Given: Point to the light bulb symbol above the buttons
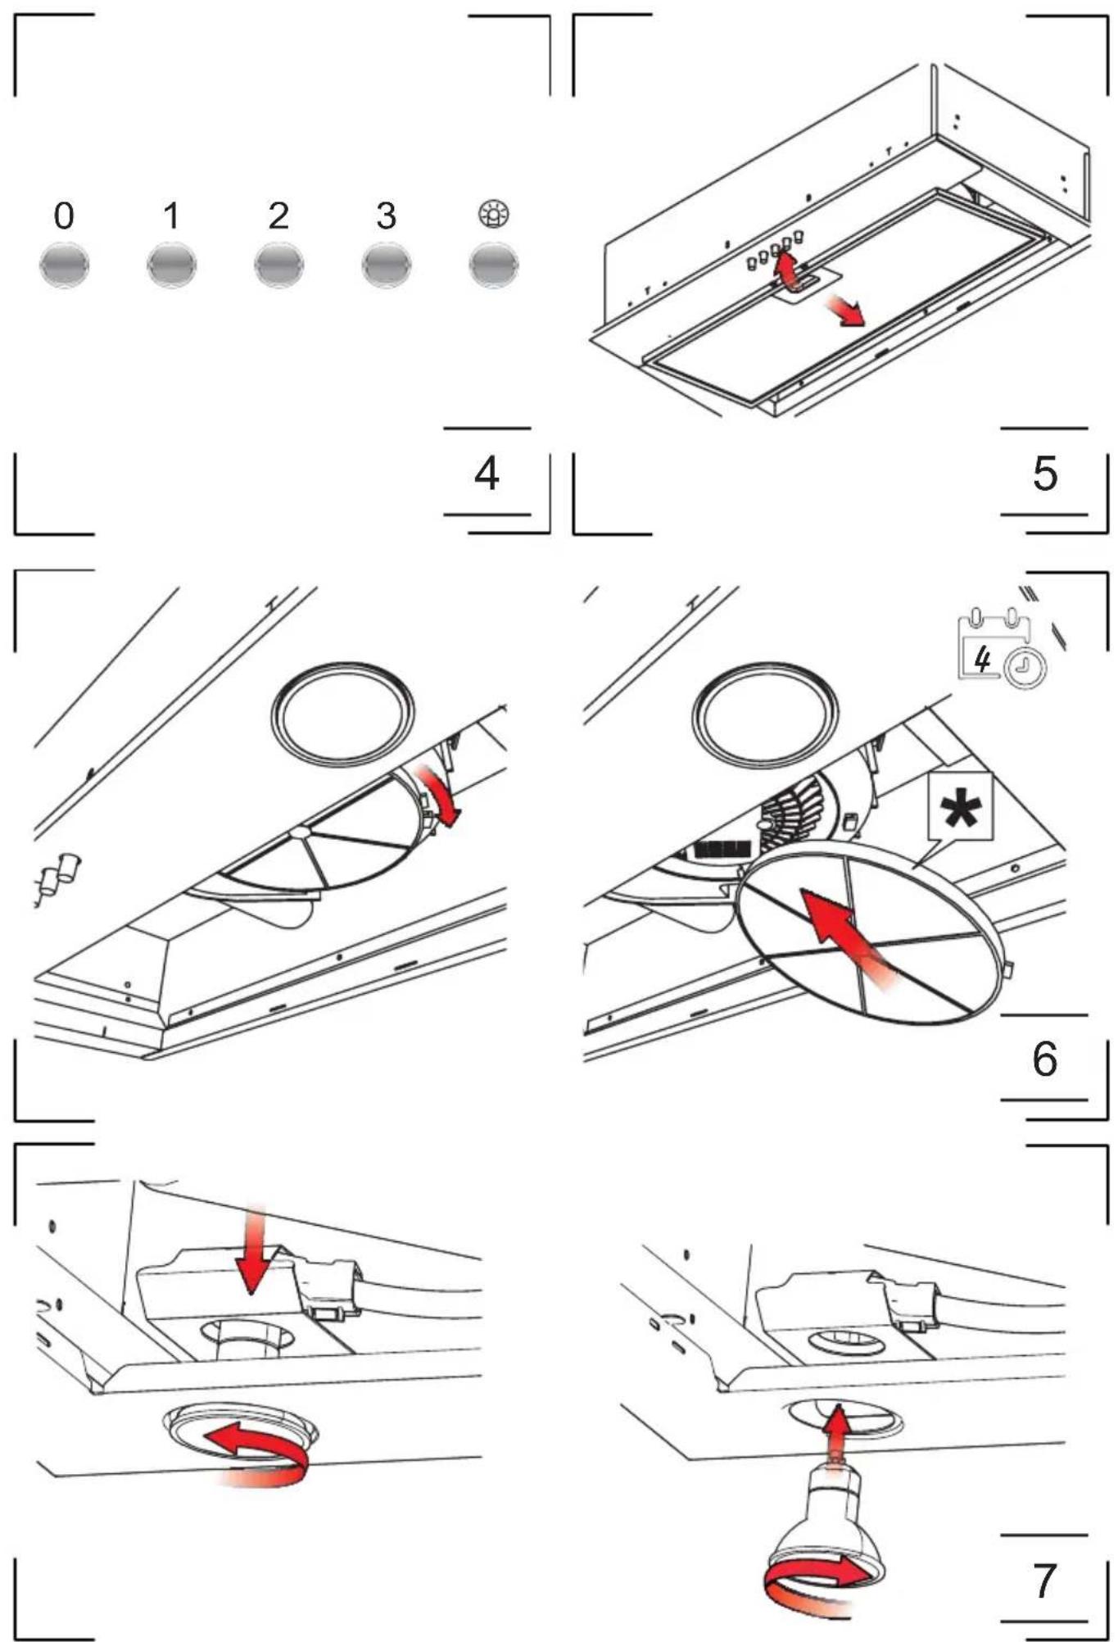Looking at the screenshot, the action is [x=494, y=215].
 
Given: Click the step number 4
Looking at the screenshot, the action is [x=487, y=474].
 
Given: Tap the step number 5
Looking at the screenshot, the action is [x=1045, y=474].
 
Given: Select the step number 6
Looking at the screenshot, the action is [x=1045, y=1059].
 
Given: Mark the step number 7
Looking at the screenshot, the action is [x=1044, y=1581].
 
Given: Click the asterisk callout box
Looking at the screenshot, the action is [x=960, y=808].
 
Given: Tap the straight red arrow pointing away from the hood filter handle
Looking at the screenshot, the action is [x=844, y=310].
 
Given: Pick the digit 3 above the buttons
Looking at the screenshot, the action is [x=387, y=216].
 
